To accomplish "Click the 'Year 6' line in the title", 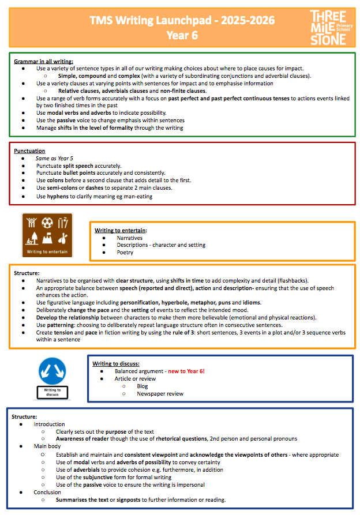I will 182,35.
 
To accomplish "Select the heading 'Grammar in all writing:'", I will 43,61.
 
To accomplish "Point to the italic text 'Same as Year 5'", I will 54,158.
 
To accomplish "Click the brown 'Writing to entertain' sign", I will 47,235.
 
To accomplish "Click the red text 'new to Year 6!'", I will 186,371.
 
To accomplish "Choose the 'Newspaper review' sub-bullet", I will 160,393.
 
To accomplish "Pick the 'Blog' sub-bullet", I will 142,386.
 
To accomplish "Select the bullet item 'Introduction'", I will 50,424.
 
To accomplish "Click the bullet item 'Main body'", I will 47,446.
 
